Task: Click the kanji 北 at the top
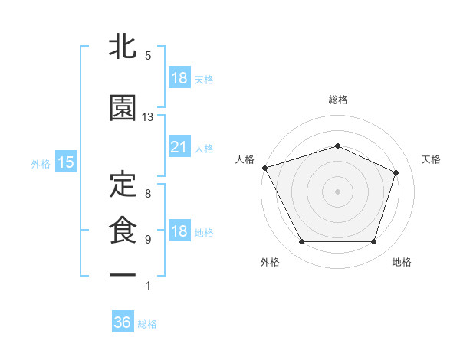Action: (x=123, y=48)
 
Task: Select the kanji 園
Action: (x=123, y=108)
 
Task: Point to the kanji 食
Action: (x=123, y=231)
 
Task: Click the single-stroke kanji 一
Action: (x=123, y=274)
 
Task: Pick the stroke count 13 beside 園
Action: (x=148, y=117)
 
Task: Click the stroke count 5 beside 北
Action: (x=148, y=56)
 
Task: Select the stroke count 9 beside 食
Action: (x=148, y=240)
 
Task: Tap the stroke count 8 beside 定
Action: (x=148, y=193)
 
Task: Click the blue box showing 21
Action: (x=179, y=147)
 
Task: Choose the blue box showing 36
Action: (x=122, y=322)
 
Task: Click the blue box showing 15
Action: (x=65, y=162)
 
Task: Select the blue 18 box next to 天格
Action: (x=179, y=78)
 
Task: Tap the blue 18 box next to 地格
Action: (x=179, y=231)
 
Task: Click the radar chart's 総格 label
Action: (x=338, y=100)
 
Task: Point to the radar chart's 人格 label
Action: (x=245, y=159)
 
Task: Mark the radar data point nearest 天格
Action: (x=396, y=172)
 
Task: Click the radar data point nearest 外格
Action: (x=301, y=242)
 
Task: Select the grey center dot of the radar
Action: (x=337, y=191)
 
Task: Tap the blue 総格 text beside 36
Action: (x=147, y=324)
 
